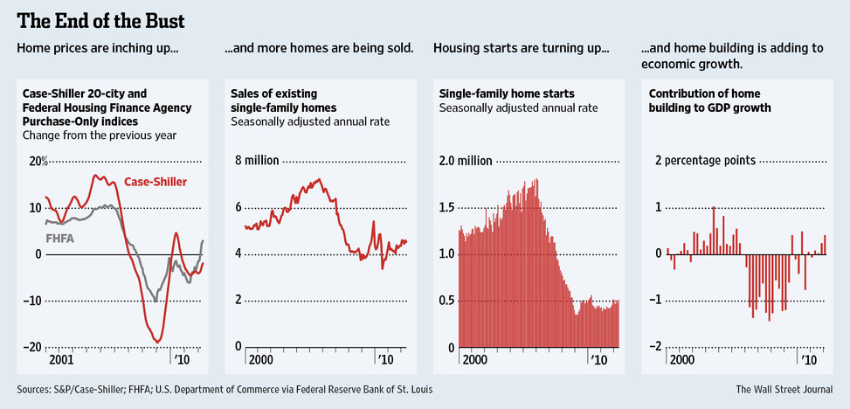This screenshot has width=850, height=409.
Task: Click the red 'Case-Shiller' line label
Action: click(x=158, y=182)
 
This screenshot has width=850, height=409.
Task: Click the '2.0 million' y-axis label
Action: click(x=466, y=161)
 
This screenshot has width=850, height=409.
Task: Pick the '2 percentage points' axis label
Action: click(x=706, y=161)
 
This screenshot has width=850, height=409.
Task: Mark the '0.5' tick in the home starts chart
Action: click(x=447, y=300)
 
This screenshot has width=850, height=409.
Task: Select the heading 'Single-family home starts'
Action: click(x=494, y=93)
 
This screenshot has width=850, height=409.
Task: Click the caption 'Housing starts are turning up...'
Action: click(x=521, y=47)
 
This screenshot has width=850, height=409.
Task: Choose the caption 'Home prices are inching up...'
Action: click(x=98, y=47)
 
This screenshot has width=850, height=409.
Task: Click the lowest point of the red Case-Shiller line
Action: click(x=157, y=341)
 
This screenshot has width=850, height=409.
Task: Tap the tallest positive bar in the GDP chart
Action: click(x=714, y=207)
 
